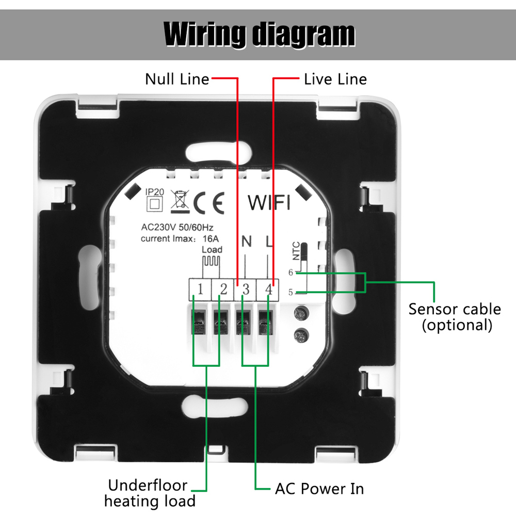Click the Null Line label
tap(177, 79)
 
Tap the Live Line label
tap(335, 79)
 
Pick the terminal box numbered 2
tap(223, 289)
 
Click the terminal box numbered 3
tap(246, 289)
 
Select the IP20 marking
tap(155, 192)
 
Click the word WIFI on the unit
tap(269, 203)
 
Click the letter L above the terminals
tap(268, 241)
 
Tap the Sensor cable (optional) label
tap(455, 316)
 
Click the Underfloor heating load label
tap(150, 492)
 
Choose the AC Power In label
tap(319, 488)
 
